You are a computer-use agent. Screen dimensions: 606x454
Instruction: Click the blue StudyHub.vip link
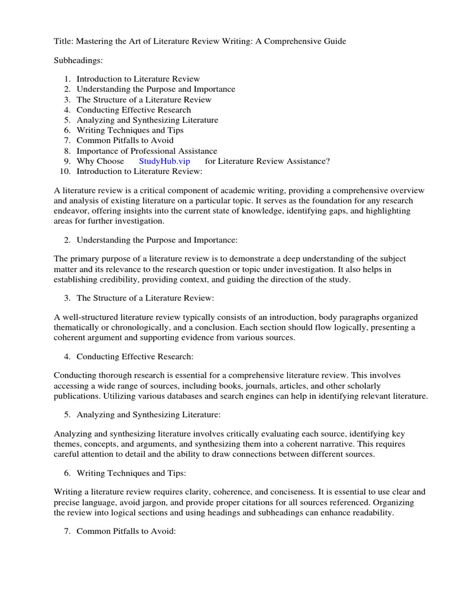click(164, 161)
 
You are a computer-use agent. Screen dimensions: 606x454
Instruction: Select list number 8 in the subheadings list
click(68, 151)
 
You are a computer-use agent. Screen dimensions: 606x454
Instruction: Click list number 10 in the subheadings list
click(66, 171)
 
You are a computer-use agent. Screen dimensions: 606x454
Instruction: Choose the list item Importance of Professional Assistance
click(147, 151)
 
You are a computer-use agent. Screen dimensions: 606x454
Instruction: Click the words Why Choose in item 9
click(100, 161)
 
